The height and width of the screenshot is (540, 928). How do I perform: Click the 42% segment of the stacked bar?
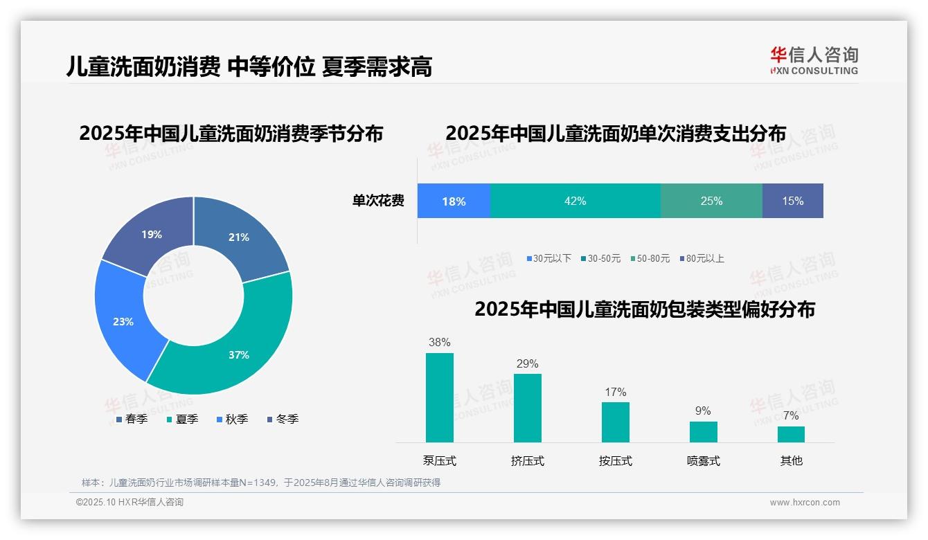click(575, 201)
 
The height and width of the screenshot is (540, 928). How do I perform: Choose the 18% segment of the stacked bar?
click(454, 201)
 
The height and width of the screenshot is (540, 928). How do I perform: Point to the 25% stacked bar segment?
click(711, 201)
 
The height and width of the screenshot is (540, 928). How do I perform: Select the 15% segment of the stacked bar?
click(792, 201)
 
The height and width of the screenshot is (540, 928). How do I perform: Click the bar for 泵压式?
click(439, 397)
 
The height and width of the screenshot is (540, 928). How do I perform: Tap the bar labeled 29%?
click(527, 408)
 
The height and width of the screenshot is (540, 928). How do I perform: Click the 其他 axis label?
click(791, 461)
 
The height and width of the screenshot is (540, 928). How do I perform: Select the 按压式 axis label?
click(615, 461)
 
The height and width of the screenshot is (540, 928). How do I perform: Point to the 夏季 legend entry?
click(183, 420)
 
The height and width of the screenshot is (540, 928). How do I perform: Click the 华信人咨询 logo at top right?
click(814, 60)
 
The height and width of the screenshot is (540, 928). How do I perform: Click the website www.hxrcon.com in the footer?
click(805, 503)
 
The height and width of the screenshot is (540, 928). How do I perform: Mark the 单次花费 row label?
click(378, 201)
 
